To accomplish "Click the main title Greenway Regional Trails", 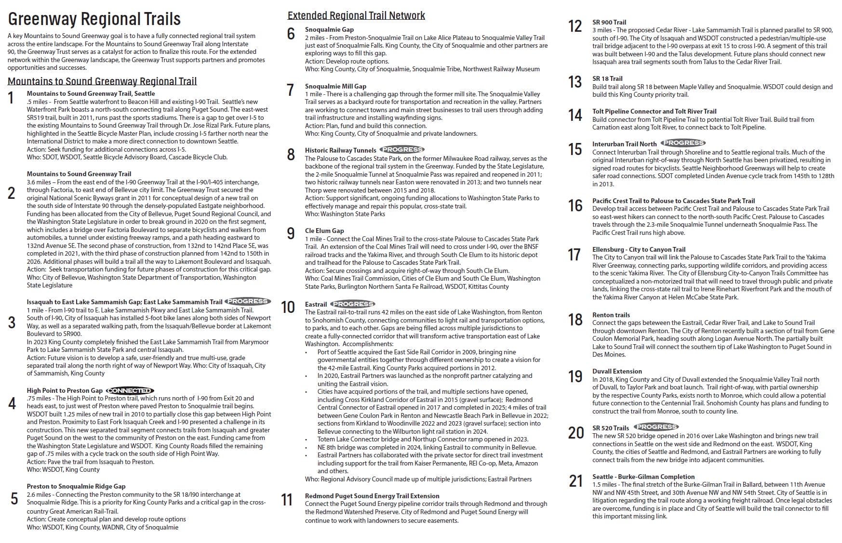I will [94, 19].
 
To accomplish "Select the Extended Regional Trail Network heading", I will [356, 15].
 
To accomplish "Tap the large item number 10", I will [288, 307].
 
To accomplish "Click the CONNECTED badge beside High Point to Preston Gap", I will [130, 390].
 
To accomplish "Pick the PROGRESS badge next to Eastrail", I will [353, 304].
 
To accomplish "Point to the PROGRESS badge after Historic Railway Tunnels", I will [402, 150].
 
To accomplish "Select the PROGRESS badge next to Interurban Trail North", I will [683, 143].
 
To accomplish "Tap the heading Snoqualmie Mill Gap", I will [335, 86].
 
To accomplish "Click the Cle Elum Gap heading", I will [324, 231].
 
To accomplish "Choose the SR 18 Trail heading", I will [607, 78].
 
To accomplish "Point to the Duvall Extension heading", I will [617, 371].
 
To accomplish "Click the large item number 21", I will [576, 480].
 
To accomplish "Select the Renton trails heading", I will [611, 315].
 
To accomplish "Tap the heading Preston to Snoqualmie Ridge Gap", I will [76, 486].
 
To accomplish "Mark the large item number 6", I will [291, 34].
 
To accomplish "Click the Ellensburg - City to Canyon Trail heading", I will [639, 249].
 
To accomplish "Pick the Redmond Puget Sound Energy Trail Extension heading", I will [372, 496].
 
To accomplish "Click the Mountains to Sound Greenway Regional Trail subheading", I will [102, 81].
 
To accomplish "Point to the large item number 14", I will [575, 115].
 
